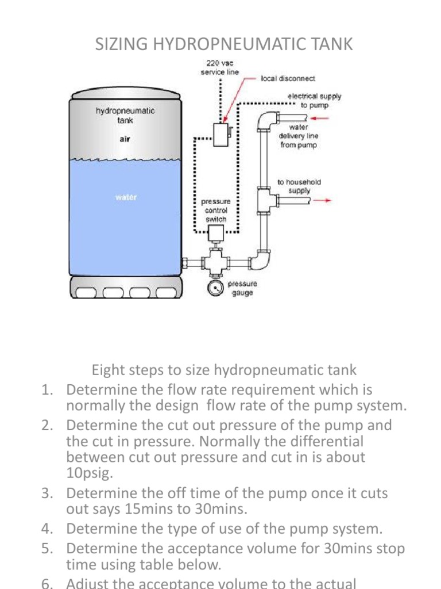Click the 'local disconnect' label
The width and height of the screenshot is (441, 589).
click(x=288, y=78)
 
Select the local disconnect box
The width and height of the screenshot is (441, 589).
click(x=220, y=134)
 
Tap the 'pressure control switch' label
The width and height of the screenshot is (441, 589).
click(x=216, y=211)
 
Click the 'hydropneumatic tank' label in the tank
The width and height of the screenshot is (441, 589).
click(x=125, y=116)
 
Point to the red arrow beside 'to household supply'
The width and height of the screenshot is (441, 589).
click(x=325, y=201)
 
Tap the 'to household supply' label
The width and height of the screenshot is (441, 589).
click(x=299, y=186)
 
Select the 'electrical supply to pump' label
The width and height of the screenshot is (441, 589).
click(x=314, y=101)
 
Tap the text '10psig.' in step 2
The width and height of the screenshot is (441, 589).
click(x=88, y=473)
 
